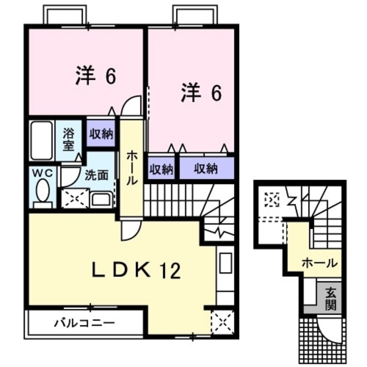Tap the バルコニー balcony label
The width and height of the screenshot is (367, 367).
(x=84, y=323)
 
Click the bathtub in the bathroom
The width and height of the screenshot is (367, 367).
(x=41, y=140)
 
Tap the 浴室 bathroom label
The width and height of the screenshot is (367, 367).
(x=69, y=138)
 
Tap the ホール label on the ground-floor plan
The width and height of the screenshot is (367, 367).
(x=319, y=263)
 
